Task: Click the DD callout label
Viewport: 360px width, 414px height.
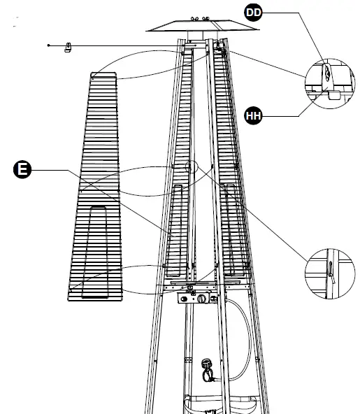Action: [x=254, y=13]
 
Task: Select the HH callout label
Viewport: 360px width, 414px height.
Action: [x=254, y=115]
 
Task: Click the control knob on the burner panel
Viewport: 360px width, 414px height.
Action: [x=203, y=299]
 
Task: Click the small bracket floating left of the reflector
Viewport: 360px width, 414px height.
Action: [x=69, y=48]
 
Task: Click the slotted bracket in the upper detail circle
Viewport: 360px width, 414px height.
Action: [x=326, y=74]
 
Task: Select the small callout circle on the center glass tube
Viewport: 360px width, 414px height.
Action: [x=191, y=166]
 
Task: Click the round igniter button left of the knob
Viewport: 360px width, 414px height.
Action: [x=186, y=299]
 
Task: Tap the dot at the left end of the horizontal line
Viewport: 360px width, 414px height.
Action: [x=48, y=45]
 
